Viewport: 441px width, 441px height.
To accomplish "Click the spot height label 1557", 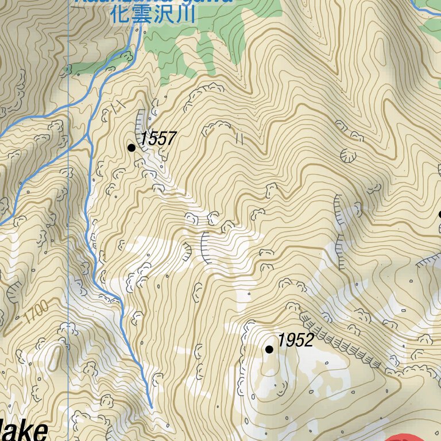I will pyautogui.click(x=157, y=138).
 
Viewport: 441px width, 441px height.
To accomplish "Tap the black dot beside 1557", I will pyautogui.click(x=131, y=148).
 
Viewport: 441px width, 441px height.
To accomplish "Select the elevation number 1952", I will pyautogui.click(x=295, y=341).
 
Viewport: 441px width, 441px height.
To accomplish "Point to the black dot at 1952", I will pyautogui.click(x=269, y=349).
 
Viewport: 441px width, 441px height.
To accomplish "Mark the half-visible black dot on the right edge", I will pyautogui.click(x=439, y=214).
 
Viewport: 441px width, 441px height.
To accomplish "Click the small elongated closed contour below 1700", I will pyautogui.click(x=56, y=356).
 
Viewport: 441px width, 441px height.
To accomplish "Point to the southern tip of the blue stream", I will pyautogui.click(x=151, y=406).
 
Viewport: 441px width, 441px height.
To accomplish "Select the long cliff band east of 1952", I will pyautogui.click(x=339, y=343).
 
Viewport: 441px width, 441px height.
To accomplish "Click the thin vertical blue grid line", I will pyautogui.click(x=68, y=230).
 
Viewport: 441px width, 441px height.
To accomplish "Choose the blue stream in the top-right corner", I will pyautogui.click(x=425, y=8).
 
